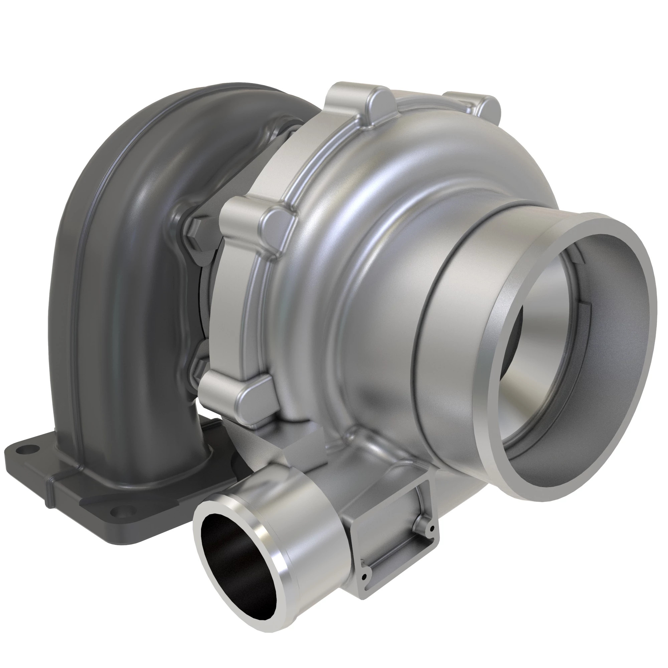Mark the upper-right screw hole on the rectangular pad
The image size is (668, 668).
coord(432,528)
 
